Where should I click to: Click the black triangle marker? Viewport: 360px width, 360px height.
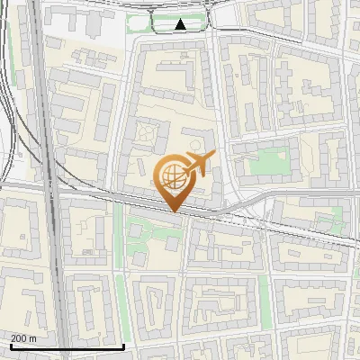(181, 24)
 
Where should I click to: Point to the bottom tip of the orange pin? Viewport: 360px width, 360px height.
(174, 211)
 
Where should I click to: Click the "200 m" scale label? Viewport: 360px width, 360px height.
(23, 337)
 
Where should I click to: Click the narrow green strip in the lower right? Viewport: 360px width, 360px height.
(265, 297)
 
